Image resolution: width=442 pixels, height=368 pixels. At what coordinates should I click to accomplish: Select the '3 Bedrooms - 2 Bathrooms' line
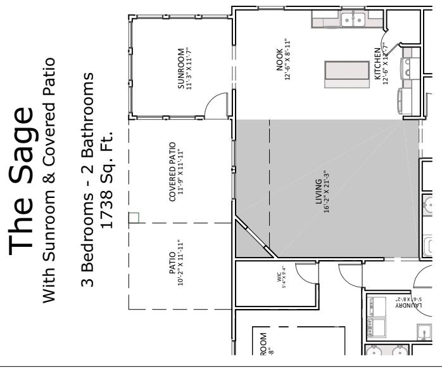[88, 180]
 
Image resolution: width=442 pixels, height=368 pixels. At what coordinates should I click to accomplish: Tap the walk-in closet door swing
[308, 272]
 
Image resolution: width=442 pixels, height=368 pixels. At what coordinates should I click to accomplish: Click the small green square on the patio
[133, 218]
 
